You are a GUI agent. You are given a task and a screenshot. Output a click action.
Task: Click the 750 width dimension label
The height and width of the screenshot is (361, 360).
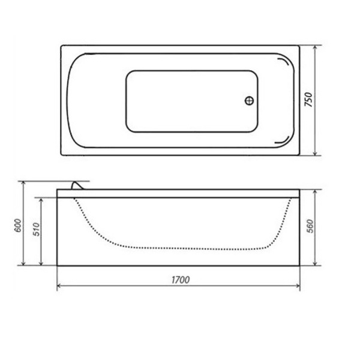[x=308, y=100]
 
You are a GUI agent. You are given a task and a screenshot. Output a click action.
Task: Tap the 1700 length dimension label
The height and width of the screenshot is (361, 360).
[x=181, y=279]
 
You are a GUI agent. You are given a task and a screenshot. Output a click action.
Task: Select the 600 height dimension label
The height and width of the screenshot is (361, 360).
[x=18, y=225]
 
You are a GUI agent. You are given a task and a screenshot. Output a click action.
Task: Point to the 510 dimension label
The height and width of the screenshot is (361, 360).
[x=37, y=229]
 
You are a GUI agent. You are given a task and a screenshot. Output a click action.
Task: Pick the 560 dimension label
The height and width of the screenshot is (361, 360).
[x=310, y=226]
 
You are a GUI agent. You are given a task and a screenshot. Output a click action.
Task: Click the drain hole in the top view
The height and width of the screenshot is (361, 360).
[x=249, y=101]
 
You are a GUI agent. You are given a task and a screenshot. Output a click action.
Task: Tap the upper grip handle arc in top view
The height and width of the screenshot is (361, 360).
[x=284, y=62]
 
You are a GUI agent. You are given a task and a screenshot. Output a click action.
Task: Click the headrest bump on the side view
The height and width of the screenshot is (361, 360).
[x=77, y=185]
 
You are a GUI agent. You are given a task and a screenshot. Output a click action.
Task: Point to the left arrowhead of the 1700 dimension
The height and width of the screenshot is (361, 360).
[x=59, y=286]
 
